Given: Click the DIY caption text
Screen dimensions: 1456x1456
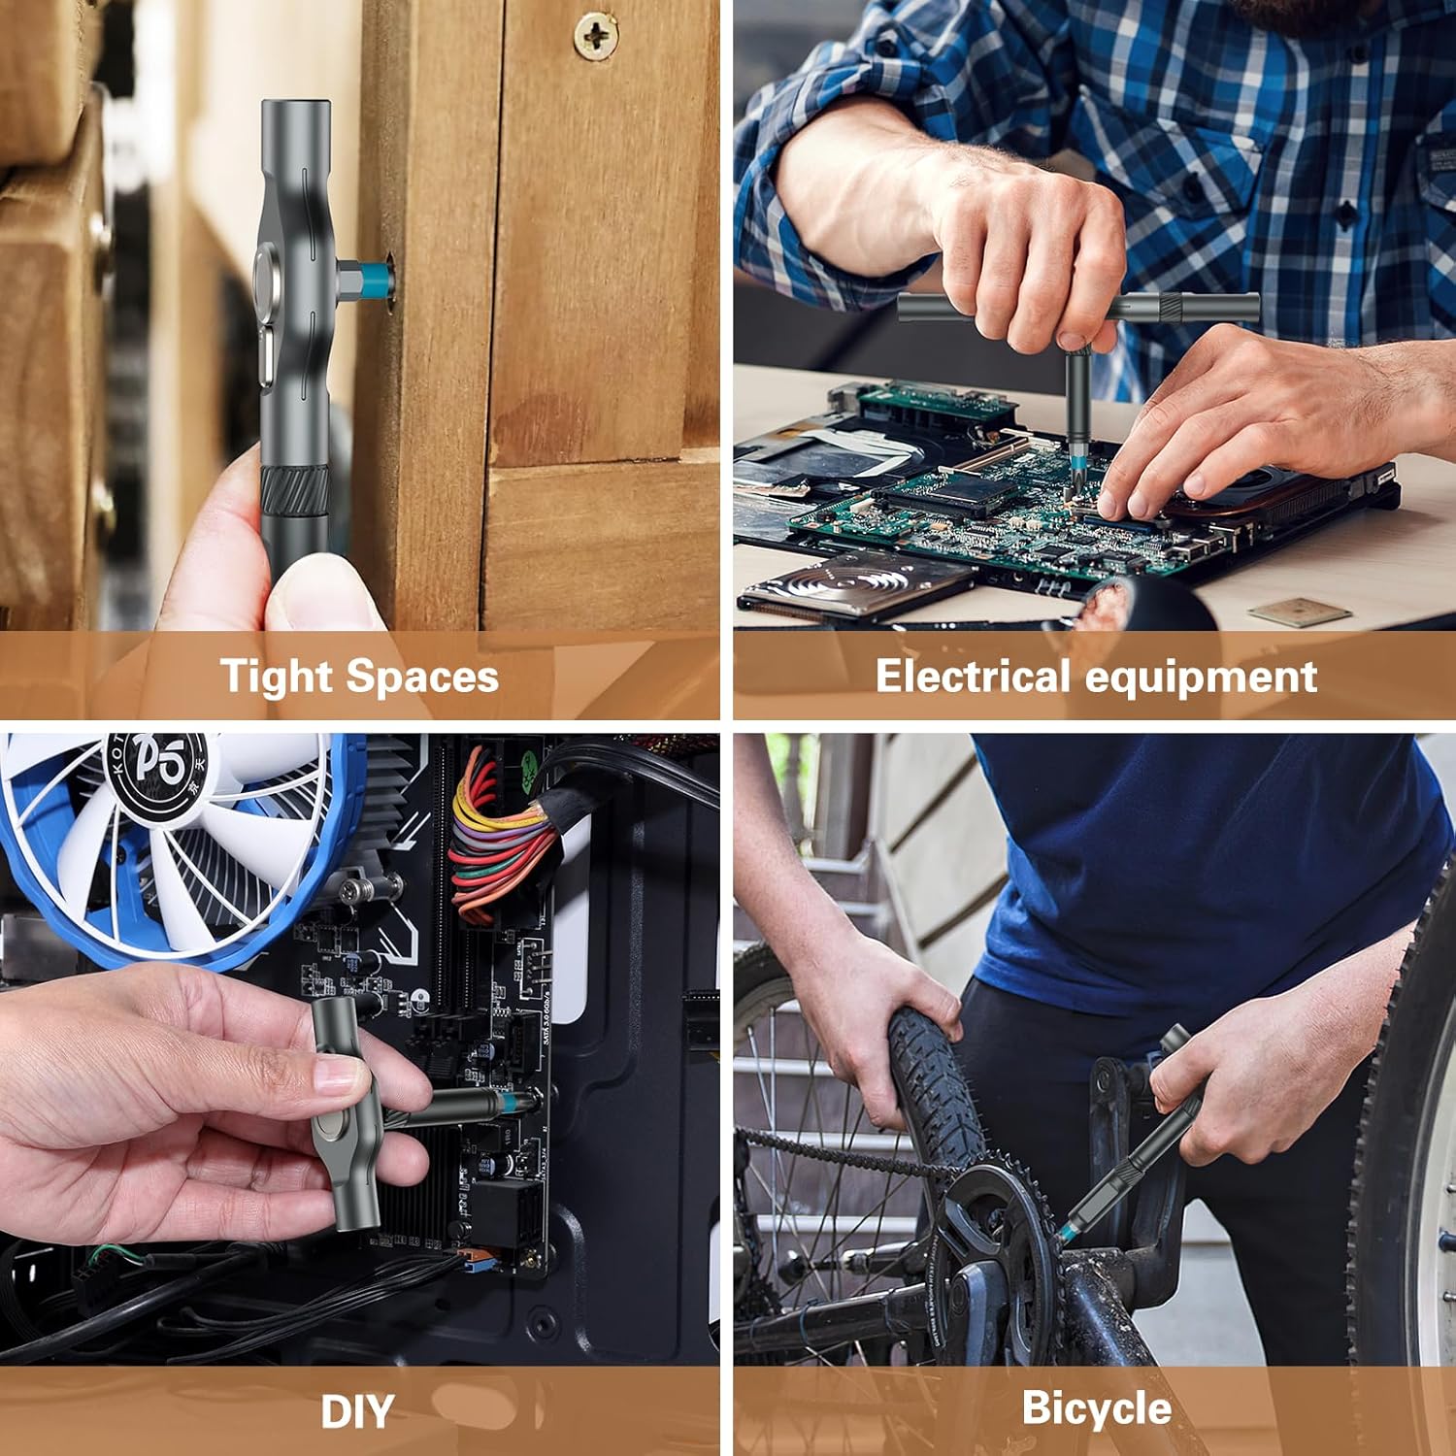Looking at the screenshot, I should tap(357, 1412).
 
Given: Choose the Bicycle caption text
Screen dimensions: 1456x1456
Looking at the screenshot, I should tap(1096, 1408).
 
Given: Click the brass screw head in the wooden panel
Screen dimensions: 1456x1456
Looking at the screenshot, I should tap(594, 36).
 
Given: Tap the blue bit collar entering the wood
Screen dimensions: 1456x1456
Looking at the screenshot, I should tap(372, 279).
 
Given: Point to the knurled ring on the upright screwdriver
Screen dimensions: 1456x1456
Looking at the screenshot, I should tap(291, 484).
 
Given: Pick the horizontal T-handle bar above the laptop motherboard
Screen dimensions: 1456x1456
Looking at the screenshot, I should tap(1077, 308).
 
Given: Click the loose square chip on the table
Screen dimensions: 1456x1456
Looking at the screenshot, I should tap(1299, 612).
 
